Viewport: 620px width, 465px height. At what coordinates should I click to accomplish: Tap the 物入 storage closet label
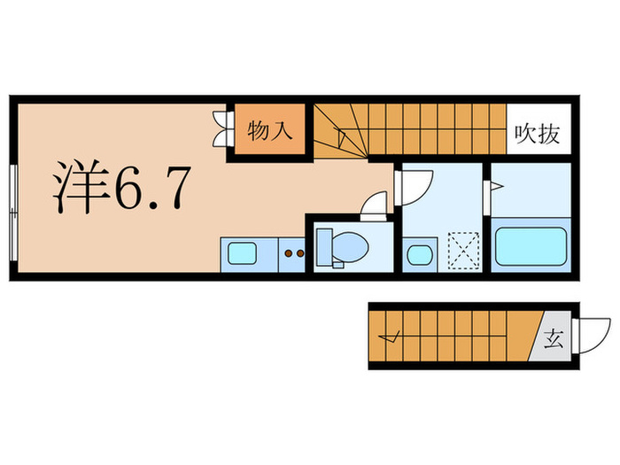[x=269, y=132]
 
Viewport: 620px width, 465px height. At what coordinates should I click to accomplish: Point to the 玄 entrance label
[x=553, y=337]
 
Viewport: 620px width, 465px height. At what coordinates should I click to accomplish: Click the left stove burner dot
[x=288, y=255]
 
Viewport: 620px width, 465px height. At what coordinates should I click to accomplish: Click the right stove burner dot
[x=299, y=255]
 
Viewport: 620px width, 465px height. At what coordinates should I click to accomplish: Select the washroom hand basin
[x=417, y=255]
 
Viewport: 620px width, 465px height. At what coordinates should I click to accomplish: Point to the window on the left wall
[x=12, y=213]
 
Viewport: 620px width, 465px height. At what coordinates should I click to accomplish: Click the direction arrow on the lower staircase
[x=389, y=337]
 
